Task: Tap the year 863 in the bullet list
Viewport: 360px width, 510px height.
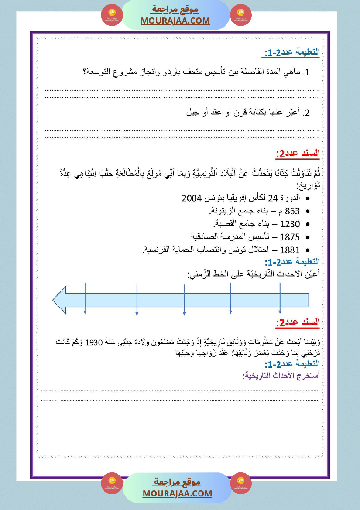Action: (292, 212)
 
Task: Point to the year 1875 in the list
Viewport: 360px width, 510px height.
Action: (290, 237)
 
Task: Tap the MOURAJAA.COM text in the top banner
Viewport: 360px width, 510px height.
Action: (175, 21)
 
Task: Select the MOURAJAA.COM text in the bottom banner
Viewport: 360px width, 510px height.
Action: (177, 493)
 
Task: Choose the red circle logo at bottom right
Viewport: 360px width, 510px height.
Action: (241, 483)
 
